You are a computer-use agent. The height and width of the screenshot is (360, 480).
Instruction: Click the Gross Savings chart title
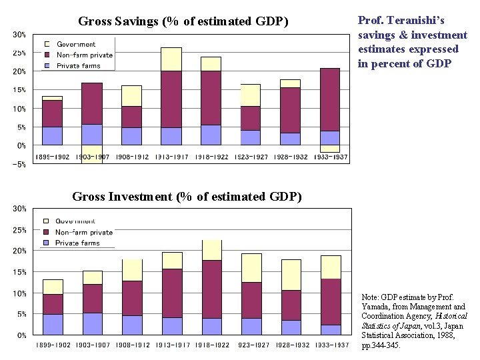pos(183,21)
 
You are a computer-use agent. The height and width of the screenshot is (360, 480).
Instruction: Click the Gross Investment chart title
pos(187,197)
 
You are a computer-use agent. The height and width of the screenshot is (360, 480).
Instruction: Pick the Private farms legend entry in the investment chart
pos(77,243)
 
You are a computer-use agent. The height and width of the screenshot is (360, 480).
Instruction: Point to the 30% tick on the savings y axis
pos(19,35)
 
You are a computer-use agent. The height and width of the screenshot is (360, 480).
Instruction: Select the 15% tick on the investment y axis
pos(19,272)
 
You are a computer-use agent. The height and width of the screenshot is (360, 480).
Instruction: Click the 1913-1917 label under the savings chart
pos(171,157)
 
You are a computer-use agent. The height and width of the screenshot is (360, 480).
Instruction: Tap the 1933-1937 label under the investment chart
pos(331,345)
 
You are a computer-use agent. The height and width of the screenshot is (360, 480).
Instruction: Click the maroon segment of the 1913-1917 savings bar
pos(171,99)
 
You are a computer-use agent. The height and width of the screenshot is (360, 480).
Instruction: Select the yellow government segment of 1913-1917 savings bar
pos(171,59)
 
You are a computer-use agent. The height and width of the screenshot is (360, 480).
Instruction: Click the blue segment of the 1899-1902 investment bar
pos(53,324)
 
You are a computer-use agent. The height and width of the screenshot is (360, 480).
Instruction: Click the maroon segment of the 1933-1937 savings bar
pos(330,99)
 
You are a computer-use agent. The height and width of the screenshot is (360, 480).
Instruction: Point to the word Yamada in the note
pos(377,307)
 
